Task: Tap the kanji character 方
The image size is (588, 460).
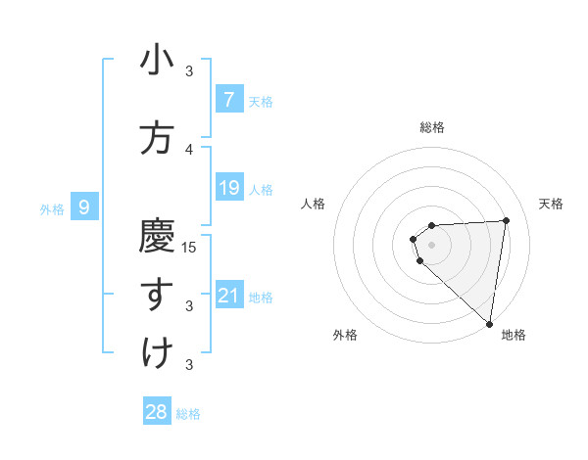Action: [x=157, y=138]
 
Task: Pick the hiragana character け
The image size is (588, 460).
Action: [x=157, y=352]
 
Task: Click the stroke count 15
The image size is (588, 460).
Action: [x=190, y=247]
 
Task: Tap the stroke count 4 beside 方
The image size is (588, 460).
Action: [x=190, y=149]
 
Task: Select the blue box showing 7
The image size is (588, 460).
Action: [x=228, y=99]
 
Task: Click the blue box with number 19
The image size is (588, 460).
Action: [x=228, y=187]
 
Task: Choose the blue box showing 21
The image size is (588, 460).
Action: [x=228, y=295]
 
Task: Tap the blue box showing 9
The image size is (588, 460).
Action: [x=84, y=207]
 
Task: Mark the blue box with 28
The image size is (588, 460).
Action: [x=157, y=412]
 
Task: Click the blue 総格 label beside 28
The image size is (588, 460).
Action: [x=188, y=414]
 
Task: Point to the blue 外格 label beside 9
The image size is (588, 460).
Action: [x=52, y=208]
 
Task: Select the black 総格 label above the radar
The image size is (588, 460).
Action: [x=432, y=127]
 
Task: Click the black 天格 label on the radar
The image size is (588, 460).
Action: [x=552, y=204]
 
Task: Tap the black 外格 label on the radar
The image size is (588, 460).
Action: [x=345, y=335]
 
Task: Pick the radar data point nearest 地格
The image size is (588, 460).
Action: [x=489, y=323]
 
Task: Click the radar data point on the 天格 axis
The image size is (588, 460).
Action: [x=506, y=220]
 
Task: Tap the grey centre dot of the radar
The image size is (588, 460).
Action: [x=432, y=245]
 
